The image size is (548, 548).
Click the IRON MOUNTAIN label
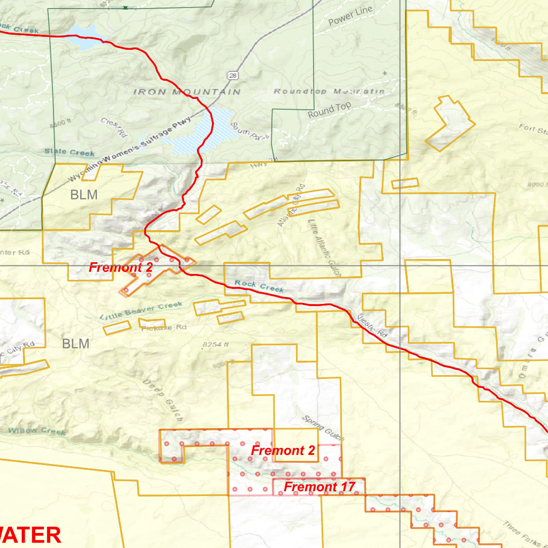tap(186, 92)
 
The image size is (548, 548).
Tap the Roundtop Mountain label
tap(329, 92)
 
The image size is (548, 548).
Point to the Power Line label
tap(350, 17)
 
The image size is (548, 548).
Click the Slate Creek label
tap(70, 153)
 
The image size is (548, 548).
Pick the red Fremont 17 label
tap(319, 487)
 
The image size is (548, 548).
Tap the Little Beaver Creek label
tap(141, 310)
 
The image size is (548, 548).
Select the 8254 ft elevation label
tap(216, 345)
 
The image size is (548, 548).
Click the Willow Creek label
tap(37, 431)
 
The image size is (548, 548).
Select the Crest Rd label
tap(114, 127)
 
